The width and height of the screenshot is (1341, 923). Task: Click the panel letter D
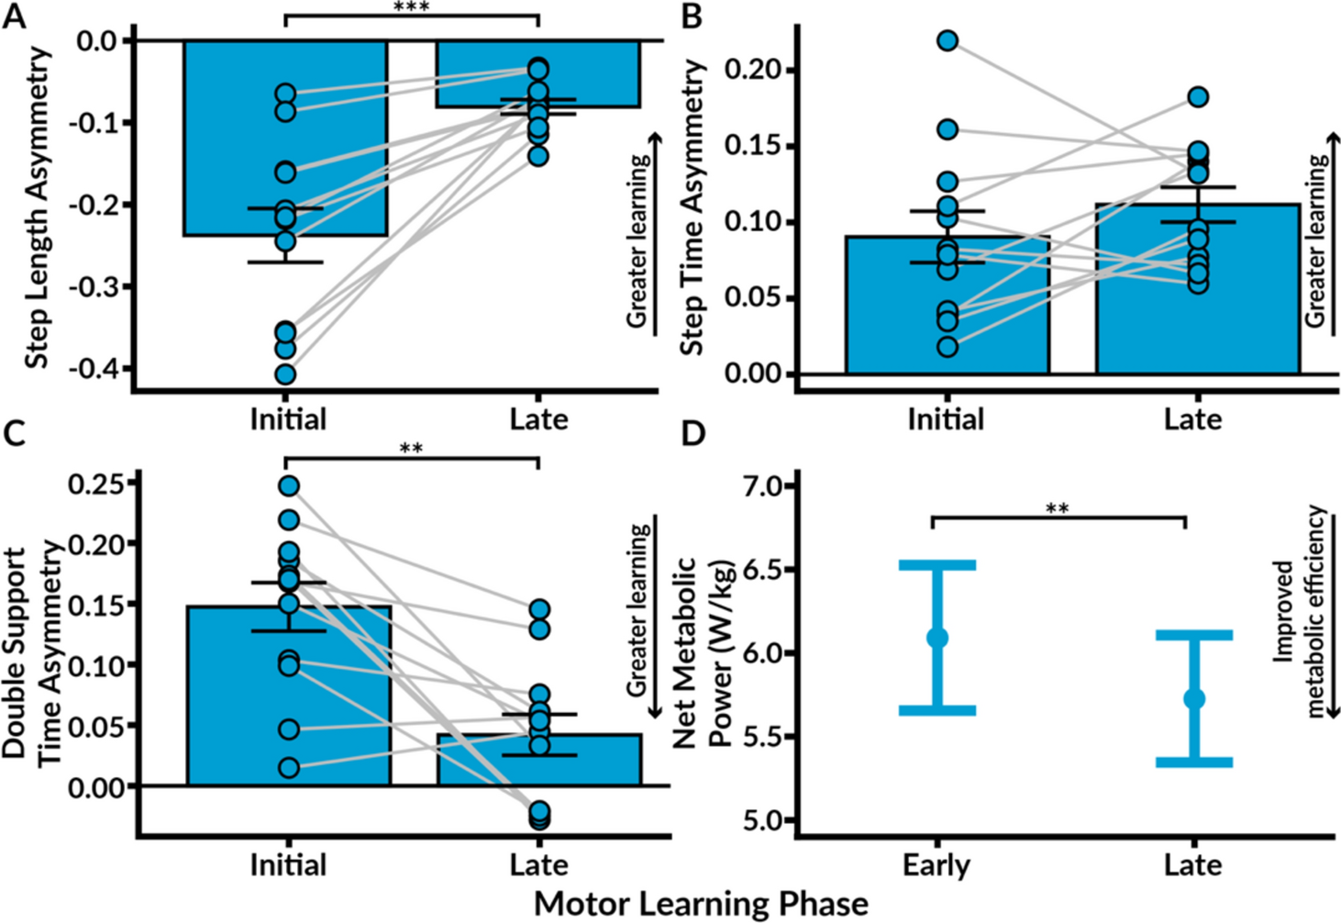693,433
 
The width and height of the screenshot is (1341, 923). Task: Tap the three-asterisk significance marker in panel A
411,7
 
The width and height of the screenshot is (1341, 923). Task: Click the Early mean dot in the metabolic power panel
936,638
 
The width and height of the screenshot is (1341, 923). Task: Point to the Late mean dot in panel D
1194,698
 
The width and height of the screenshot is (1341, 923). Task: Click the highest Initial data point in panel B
948,40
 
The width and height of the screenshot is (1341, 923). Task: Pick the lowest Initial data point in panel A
286,374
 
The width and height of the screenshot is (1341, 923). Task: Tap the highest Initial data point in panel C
289,486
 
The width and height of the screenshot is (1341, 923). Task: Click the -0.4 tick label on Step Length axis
98,369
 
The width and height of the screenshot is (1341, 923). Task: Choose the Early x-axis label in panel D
936,864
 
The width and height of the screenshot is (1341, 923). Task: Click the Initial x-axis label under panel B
946,419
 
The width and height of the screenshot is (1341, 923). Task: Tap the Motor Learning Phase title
701,903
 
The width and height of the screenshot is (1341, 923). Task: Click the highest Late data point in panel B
1198,96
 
